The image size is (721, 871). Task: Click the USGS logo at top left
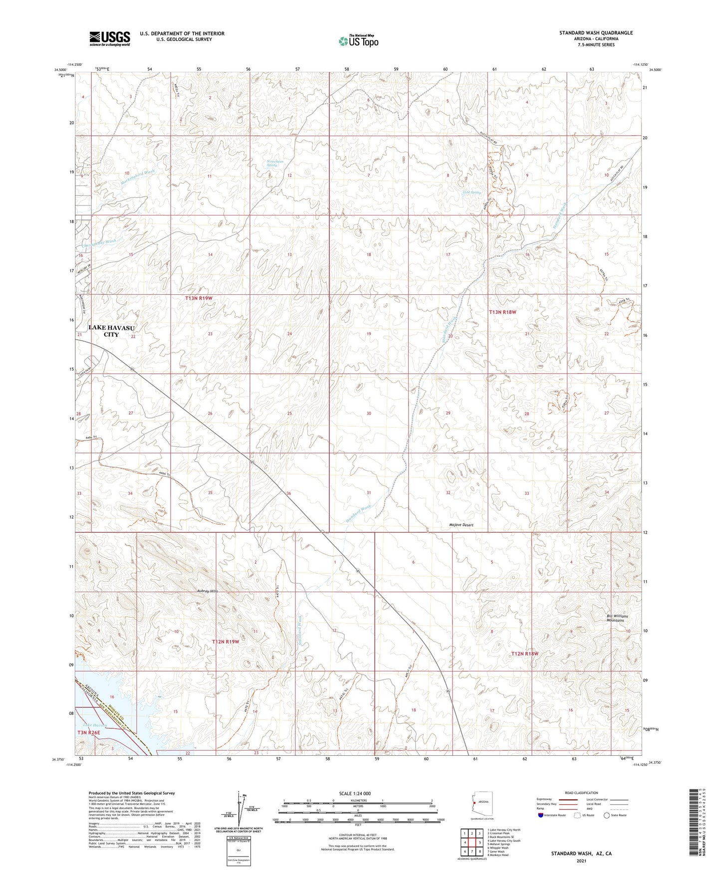click(x=110, y=38)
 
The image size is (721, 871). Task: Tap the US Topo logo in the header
click(x=358, y=41)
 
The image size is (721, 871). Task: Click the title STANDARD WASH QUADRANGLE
click(x=596, y=33)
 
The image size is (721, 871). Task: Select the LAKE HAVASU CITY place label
click(x=111, y=331)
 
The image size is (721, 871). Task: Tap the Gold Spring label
click(x=472, y=192)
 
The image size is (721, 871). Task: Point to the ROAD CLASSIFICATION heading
click(x=581, y=793)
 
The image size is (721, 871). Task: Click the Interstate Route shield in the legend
click(x=541, y=816)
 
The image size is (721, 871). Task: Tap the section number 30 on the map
click(x=369, y=414)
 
